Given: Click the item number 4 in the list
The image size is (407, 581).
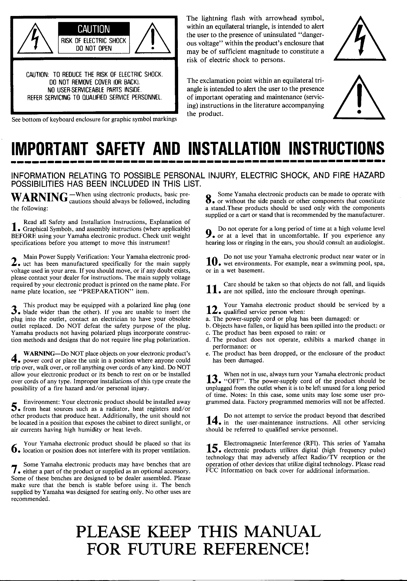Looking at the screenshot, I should [x=14, y=360].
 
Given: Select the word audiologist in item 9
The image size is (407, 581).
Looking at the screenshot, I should [x=370, y=243].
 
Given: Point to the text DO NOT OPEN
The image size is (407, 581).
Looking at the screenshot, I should [x=94, y=48].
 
